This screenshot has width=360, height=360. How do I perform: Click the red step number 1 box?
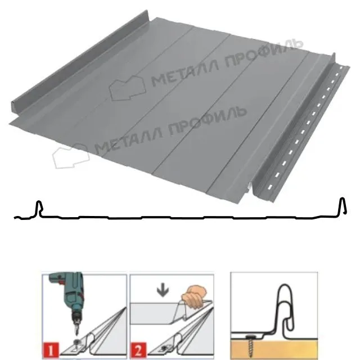[x=50, y=350]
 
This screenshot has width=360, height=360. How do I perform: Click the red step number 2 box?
[x=138, y=350]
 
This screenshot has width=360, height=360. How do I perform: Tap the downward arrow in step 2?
[x=163, y=291]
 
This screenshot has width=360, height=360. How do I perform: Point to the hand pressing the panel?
[x=195, y=295]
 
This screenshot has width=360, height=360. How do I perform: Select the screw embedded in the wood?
[x=250, y=344]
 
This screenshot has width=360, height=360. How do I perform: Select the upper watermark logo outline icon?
[x=128, y=88]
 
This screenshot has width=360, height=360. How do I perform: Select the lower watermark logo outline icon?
[x=71, y=156]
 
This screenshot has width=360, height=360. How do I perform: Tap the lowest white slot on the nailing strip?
[x=270, y=187]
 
